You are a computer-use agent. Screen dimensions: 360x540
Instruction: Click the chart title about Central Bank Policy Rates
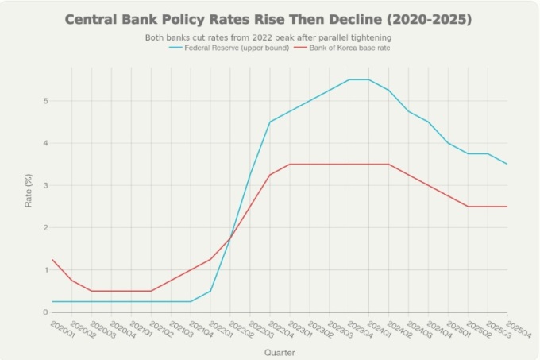click(270, 18)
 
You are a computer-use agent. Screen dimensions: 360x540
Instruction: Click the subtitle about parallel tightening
click(270, 37)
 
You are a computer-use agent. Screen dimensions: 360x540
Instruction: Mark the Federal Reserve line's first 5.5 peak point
click(349, 79)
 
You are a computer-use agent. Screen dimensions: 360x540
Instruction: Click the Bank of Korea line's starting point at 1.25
click(52, 259)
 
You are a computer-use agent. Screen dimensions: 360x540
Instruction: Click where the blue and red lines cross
click(230, 238)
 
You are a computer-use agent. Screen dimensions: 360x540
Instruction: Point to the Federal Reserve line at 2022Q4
click(270, 122)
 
